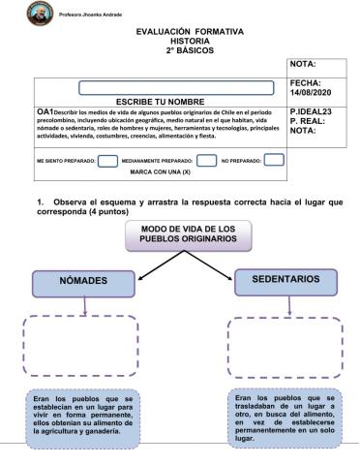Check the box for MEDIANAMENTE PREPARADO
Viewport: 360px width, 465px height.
(205, 160)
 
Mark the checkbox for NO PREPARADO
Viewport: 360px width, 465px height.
(274, 160)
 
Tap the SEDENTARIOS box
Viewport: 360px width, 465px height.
(285, 281)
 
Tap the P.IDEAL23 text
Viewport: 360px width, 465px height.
(312, 112)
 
